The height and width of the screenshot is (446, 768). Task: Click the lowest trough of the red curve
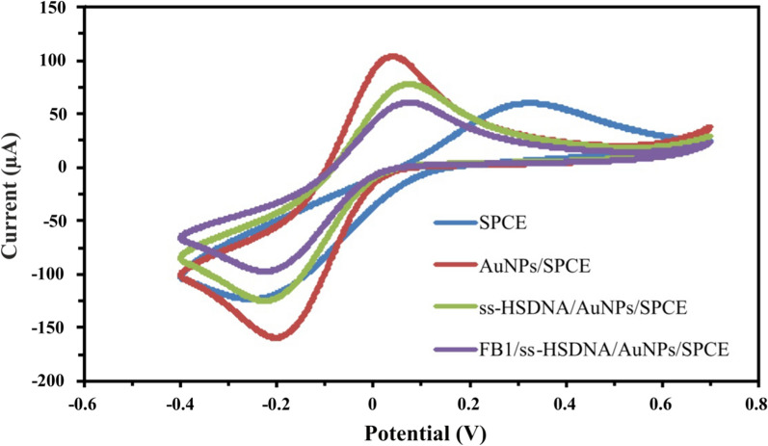point(277,337)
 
